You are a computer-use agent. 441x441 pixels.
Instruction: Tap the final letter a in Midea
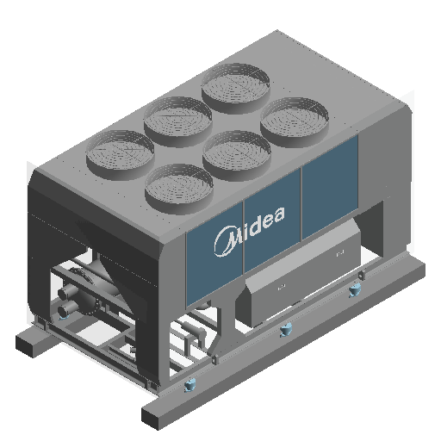coord(278,214)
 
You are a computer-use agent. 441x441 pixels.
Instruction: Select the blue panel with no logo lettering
coord(330,187)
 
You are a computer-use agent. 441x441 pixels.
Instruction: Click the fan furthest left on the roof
coord(120,154)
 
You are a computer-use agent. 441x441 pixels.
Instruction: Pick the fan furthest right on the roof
coord(295,121)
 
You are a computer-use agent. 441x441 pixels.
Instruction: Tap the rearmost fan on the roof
coord(235,88)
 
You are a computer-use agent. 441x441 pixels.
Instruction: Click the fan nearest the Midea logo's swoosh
coord(179,189)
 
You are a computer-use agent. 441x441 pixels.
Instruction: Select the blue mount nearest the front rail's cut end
coord(189,384)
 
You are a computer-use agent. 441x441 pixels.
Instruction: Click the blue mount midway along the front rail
coord(286,329)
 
